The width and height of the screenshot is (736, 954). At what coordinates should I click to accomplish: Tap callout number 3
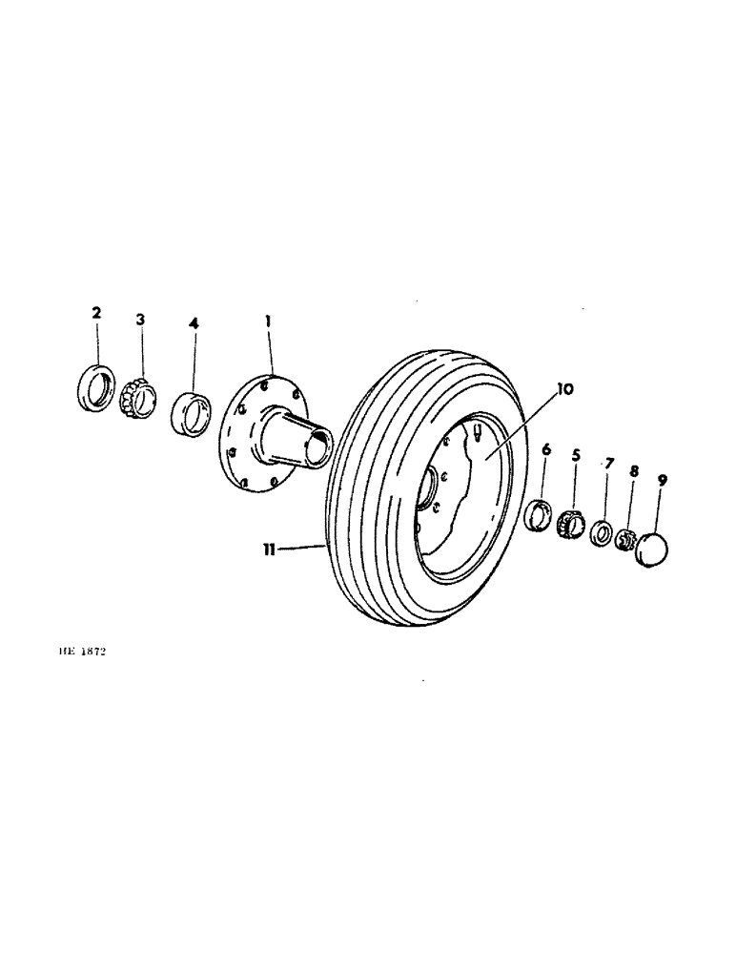click(x=140, y=319)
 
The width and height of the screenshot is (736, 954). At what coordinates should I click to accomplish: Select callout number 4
click(x=194, y=324)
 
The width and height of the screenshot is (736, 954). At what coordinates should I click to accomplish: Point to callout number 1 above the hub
click(x=268, y=323)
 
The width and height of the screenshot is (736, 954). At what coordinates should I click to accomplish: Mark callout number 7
click(x=609, y=463)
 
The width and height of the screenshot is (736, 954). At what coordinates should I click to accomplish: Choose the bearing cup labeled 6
click(x=540, y=514)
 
